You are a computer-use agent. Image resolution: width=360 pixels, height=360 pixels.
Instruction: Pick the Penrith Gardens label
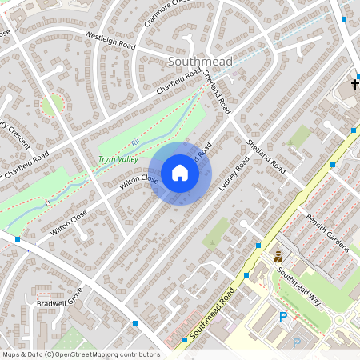coord(327,233)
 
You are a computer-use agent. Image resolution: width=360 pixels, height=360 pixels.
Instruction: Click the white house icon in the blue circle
coord(180,173)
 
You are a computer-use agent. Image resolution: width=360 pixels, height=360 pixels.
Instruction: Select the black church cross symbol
coord(355,83)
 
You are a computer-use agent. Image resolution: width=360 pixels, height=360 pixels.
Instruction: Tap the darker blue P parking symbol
coord(282,318)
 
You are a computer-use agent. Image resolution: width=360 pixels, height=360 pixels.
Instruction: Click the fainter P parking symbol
coord(297,342)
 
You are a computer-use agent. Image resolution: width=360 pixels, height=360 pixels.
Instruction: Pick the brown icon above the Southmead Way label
coord(278,257)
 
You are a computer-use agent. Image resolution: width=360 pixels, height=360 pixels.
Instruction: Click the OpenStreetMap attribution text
coord(81,354)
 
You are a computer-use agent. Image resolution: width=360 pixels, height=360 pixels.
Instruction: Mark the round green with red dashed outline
coord(52,104)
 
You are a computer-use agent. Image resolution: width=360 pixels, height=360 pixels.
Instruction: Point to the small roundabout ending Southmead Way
coord(339,320)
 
